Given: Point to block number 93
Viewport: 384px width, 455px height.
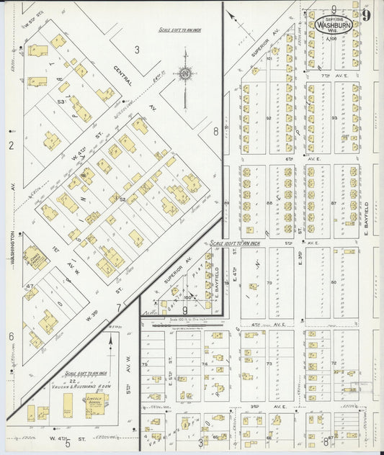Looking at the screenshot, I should click(x=334, y=118).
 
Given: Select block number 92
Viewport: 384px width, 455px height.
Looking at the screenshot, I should click(x=268, y=118).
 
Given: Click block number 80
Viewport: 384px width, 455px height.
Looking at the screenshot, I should click(x=334, y=283).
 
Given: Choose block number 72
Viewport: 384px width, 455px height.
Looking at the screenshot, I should click(x=334, y=363).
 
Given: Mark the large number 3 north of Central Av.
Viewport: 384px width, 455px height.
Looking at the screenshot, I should click(x=136, y=50).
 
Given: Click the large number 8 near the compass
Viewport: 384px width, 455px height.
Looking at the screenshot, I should click(x=215, y=131).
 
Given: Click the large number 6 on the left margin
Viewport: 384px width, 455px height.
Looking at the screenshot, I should click(x=11, y=336).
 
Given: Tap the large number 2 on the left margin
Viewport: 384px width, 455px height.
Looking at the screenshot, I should click(x=11, y=146).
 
